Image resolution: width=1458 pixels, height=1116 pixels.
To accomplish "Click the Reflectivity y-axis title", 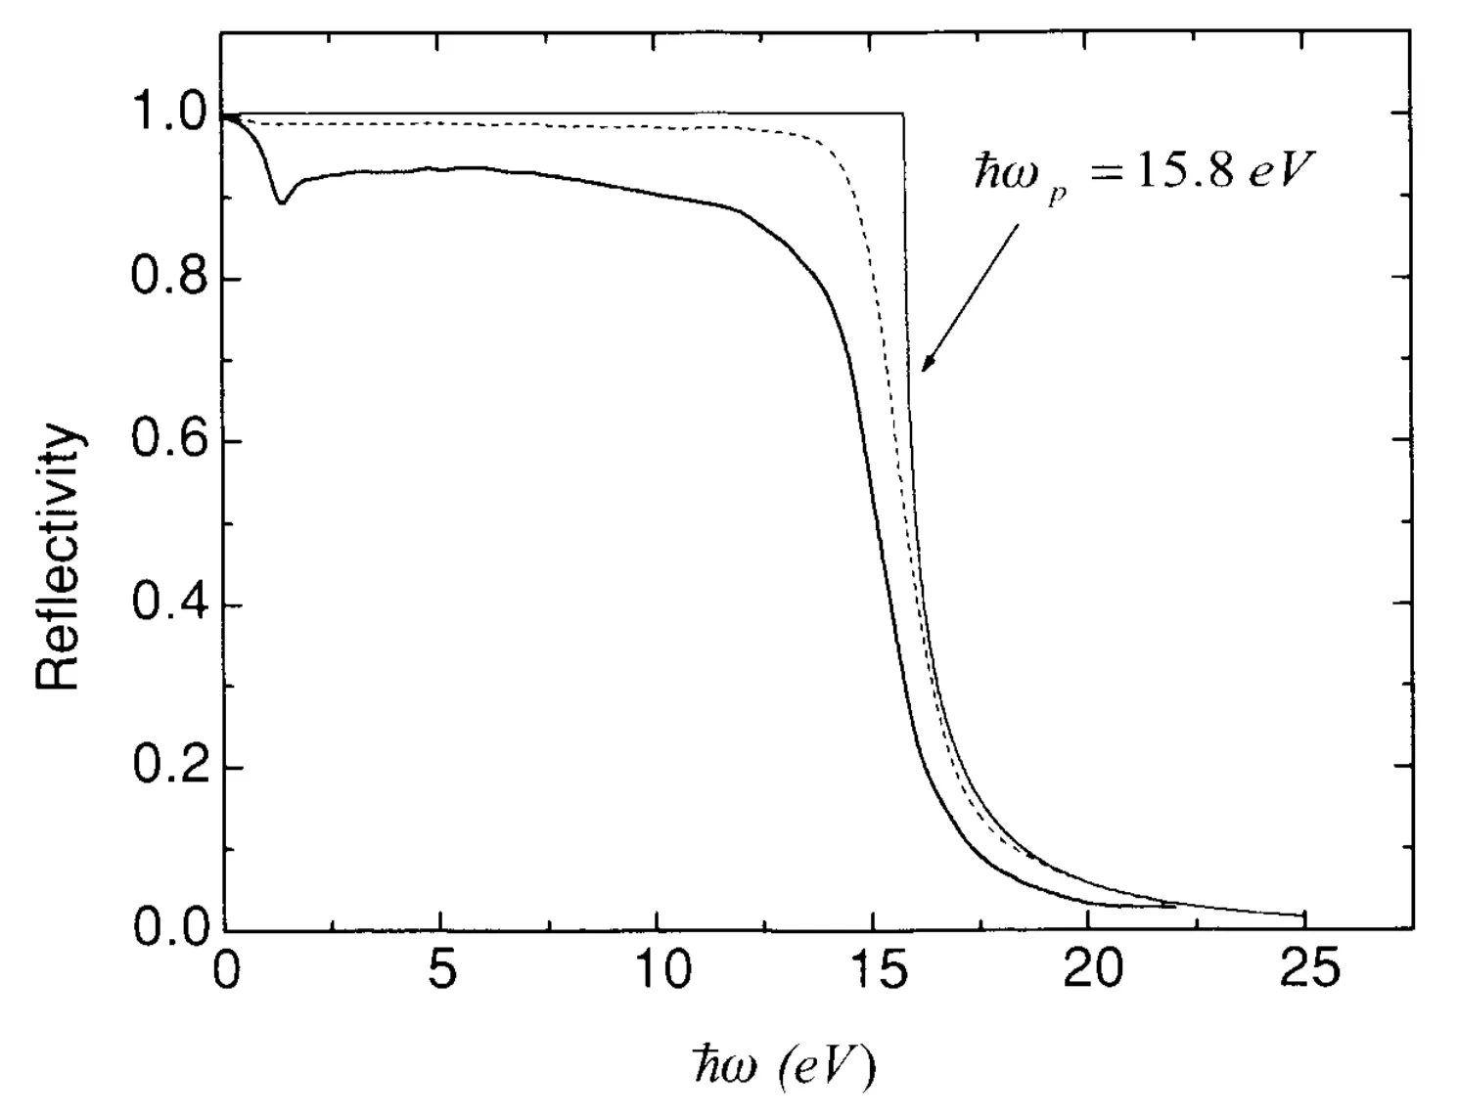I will pos(59,558).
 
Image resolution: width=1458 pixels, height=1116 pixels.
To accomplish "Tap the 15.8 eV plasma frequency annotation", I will pos(1140,173).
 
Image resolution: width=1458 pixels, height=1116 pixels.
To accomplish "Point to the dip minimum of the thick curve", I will pos(282,202).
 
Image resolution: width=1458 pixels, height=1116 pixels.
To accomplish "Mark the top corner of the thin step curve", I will pos(902,115).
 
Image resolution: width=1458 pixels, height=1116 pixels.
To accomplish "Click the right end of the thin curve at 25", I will pos(1304,916).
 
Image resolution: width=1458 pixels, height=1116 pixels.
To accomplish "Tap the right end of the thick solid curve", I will pos(1174,907).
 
